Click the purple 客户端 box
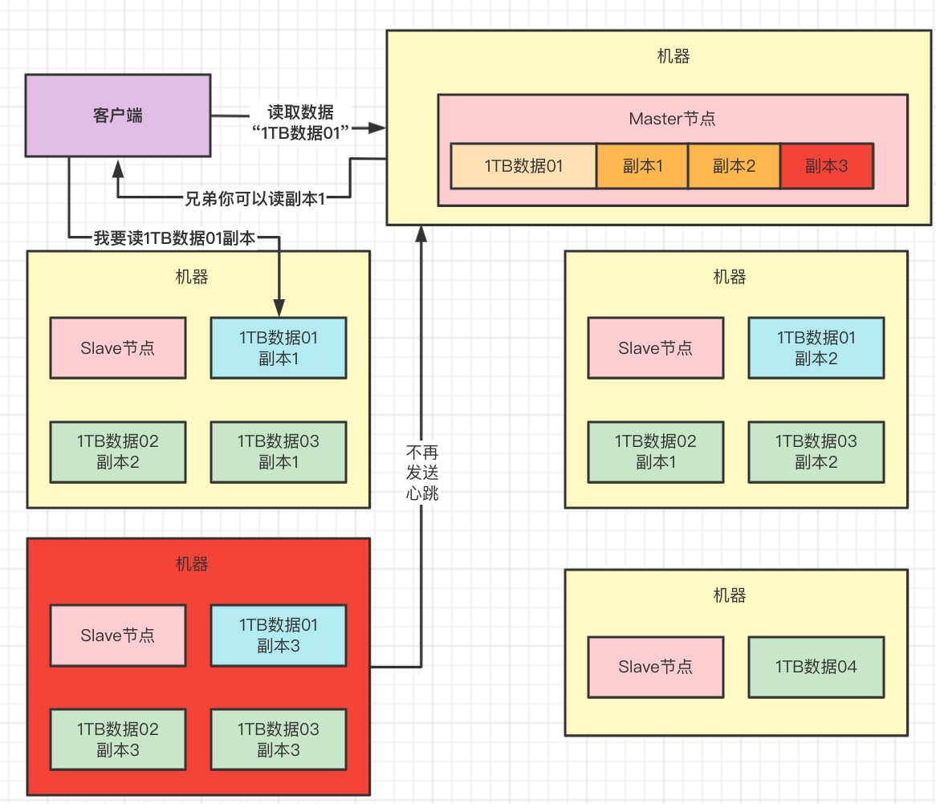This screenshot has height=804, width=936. point(117,115)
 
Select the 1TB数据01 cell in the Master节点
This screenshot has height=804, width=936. point(523,166)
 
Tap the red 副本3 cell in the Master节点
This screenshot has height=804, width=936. point(826,166)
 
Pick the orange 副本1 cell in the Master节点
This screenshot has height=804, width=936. point(642,166)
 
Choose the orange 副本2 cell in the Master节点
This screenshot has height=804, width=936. point(734,166)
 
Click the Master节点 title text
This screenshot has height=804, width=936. point(672,120)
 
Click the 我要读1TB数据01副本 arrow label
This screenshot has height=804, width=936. point(175,238)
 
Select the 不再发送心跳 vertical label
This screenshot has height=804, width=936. point(422,473)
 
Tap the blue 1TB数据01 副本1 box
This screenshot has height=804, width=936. point(278,347)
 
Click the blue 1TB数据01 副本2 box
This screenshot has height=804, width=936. point(816,347)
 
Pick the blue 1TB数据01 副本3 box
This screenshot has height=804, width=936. point(278,635)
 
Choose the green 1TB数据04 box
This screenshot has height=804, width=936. point(816,666)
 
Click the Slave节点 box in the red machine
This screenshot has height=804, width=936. point(117,635)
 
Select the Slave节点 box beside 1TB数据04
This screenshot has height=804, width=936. point(655,666)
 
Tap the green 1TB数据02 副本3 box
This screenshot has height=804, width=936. point(117,739)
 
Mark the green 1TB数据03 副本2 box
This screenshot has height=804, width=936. point(816,451)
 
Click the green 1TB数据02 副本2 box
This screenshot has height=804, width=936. point(117,451)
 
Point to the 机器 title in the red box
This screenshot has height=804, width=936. point(192,564)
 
